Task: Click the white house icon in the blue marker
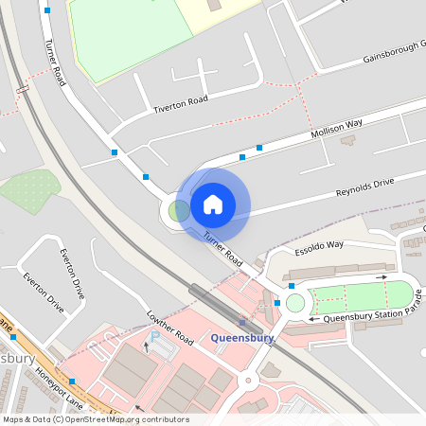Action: [x=213, y=204]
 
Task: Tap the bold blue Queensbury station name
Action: [x=242, y=338]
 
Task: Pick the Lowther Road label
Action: [x=170, y=327]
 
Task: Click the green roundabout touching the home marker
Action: [x=178, y=210]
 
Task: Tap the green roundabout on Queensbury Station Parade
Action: [x=294, y=303]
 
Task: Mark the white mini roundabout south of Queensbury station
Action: [x=250, y=381]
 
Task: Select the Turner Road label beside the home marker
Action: [x=223, y=249]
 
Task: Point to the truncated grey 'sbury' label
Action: [x=17, y=360]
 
